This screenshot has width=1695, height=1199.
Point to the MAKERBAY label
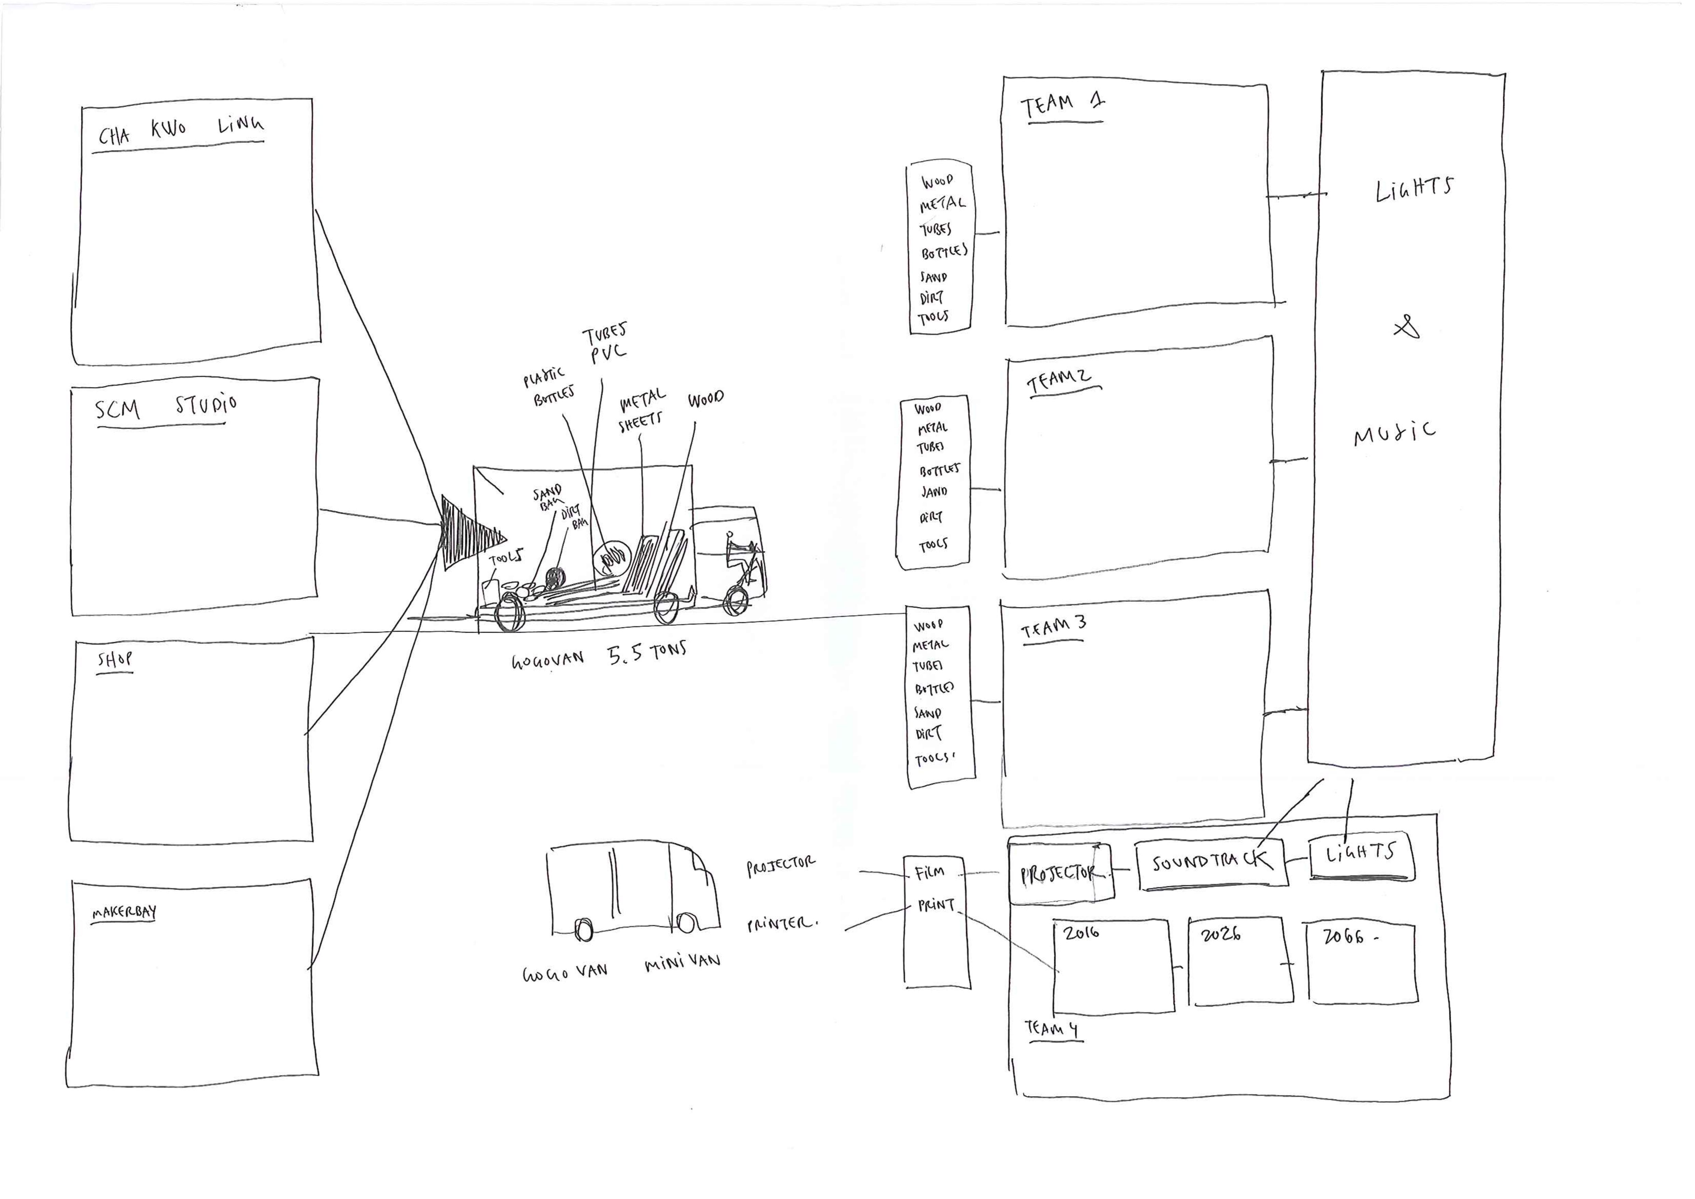pos(124,913)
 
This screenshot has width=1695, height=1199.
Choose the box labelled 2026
pos(1240,961)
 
